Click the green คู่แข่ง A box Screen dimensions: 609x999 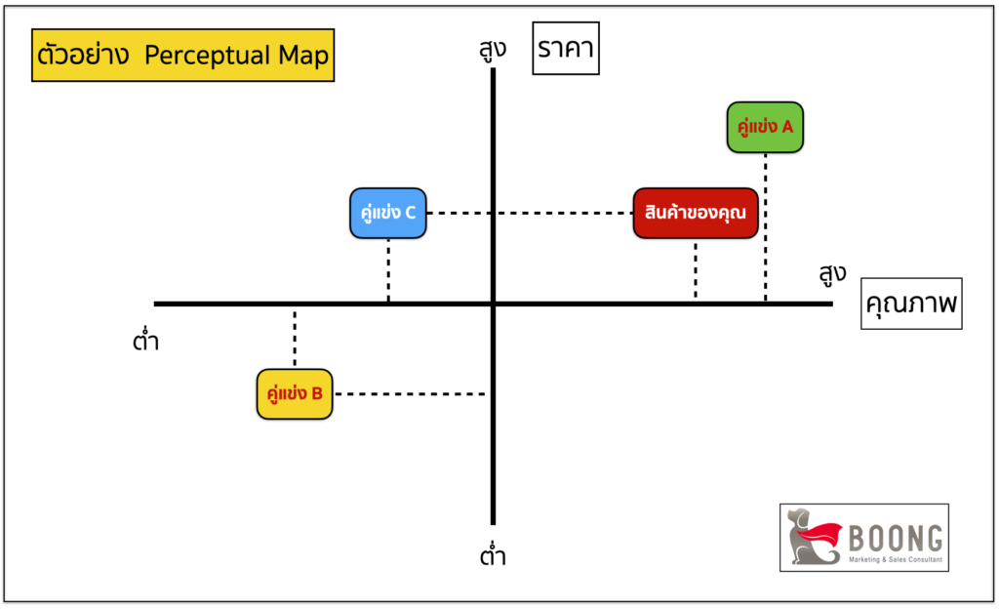pos(766,127)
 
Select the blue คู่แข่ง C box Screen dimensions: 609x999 pos(388,213)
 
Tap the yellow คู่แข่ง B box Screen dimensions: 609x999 pos(294,393)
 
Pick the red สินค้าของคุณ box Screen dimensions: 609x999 pos(696,213)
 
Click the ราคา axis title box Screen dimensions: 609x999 pos(565,50)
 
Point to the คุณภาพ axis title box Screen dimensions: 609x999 pos(911,304)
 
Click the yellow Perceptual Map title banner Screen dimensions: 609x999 pos(182,57)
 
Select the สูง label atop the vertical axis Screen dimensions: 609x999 pos(494,48)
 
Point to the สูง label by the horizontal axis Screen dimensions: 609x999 pos(832,274)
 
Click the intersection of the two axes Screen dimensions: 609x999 pos(494,304)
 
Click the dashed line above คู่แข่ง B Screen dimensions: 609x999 pos(294,338)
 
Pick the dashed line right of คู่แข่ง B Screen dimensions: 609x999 pos(410,394)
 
